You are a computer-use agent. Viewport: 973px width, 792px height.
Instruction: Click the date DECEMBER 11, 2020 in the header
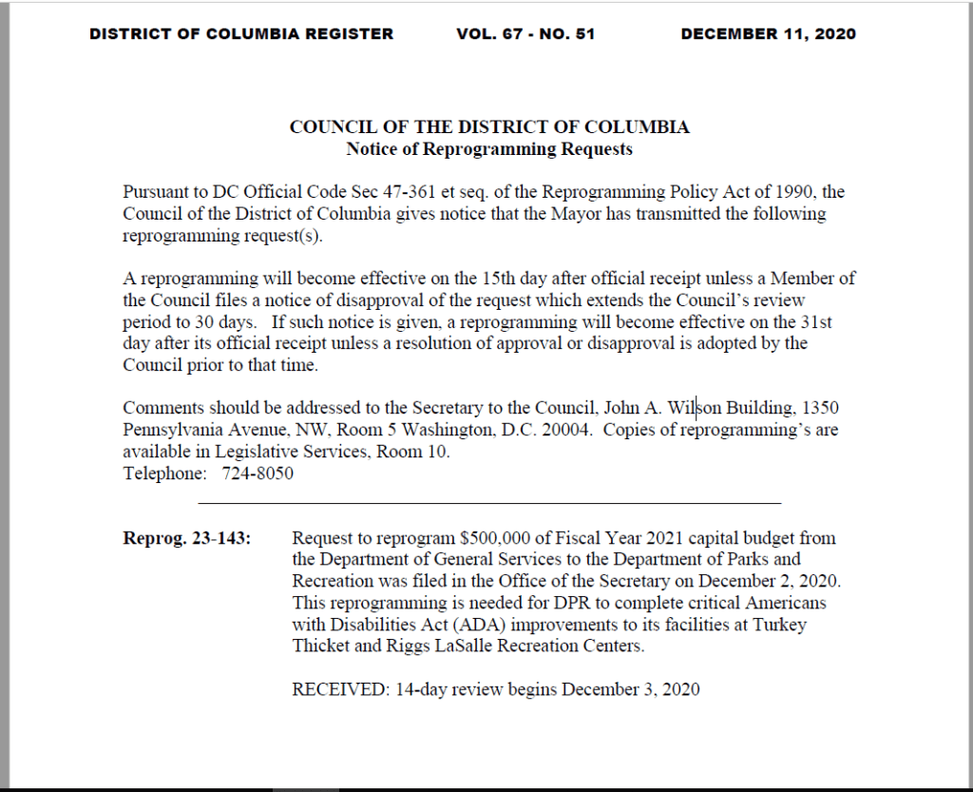click(x=768, y=34)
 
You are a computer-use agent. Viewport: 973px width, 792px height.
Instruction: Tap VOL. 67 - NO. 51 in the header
click(x=525, y=34)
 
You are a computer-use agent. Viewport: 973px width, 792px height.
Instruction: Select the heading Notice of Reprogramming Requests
click(x=489, y=149)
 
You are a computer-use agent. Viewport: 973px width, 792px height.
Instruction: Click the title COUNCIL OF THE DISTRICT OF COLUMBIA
click(x=489, y=127)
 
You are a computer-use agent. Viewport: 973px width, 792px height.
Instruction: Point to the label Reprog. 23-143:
click(x=187, y=538)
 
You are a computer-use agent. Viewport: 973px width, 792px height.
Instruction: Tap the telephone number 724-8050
click(x=258, y=473)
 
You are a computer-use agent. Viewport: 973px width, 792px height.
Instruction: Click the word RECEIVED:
click(x=338, y=689)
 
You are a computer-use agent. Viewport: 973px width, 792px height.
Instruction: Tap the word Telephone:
click(x=164, y=473)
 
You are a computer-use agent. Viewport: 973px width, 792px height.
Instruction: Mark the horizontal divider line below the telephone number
click(x=489, y=502)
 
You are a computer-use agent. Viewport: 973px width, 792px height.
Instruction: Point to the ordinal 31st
click(x=823, y=321)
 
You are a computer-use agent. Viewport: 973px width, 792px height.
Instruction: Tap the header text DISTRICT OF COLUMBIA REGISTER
click(x=241, y=34)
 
